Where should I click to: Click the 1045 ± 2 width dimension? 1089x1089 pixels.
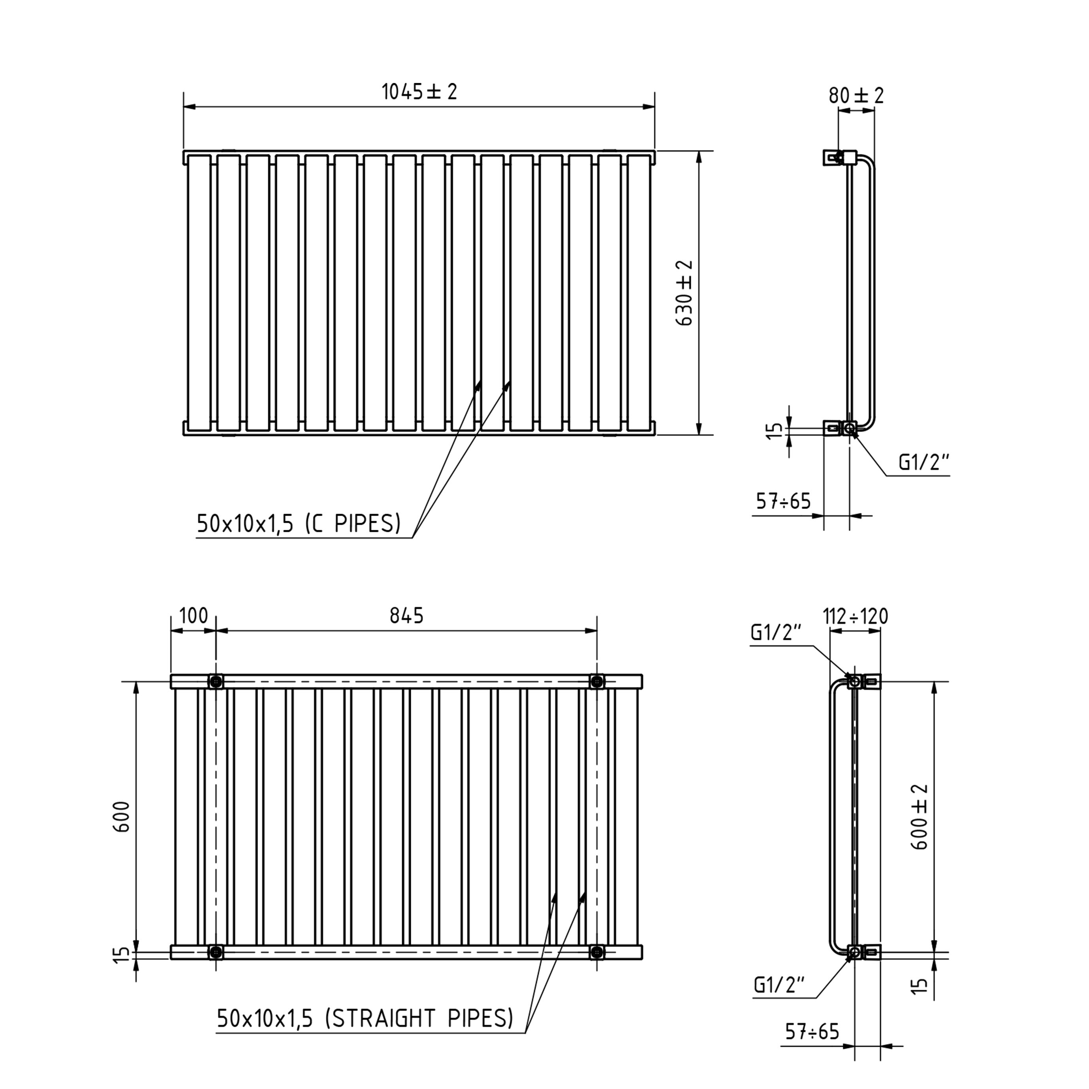coord(419,91)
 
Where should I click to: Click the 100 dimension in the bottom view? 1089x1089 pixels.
coord(193,615)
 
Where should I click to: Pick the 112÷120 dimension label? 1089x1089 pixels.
coord(855,616)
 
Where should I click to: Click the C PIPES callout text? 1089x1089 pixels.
coord(299,524)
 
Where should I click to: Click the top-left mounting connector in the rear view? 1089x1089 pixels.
coord(215,682)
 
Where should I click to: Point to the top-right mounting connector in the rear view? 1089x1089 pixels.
coord(597,682)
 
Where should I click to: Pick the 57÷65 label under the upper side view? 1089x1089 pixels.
coord(783,501)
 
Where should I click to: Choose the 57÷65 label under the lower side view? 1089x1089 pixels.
coord(812,1031)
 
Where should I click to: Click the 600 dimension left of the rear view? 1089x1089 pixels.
coord(122,817)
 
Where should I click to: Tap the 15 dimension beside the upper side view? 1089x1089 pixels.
coord(776,430)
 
